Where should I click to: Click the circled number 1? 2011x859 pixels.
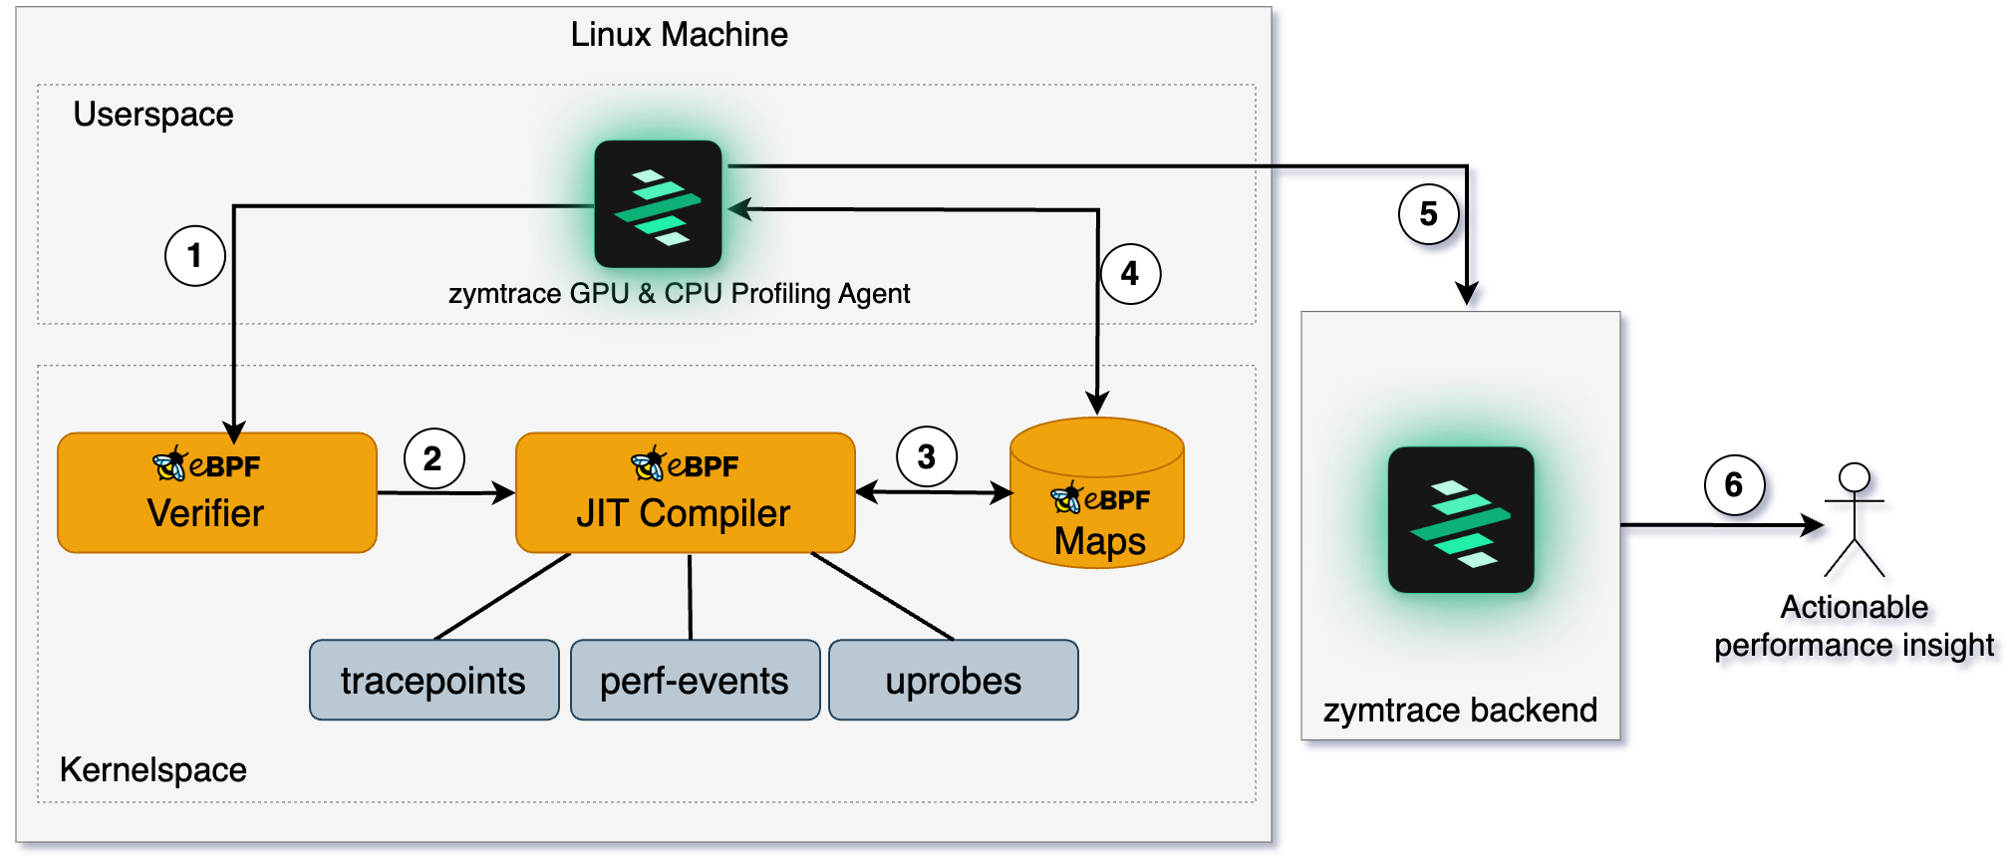(x=194, y=256)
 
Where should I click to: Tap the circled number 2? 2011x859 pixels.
(x=433, y=458)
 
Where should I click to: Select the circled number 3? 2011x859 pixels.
(x=927, y=456)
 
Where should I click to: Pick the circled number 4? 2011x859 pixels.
(x=1130, y=274)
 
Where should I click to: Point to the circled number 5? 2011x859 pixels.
(x=1429, y=214)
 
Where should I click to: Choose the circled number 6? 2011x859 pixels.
(x=1734, y=485)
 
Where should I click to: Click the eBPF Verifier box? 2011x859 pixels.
(x=216, y=493)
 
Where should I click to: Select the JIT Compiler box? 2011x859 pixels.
(x=685, y=493)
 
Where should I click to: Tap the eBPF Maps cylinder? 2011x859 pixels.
(x=1097, y=498)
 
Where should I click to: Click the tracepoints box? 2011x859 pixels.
(x=433, y=681)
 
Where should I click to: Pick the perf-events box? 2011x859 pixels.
(x=695, y=681)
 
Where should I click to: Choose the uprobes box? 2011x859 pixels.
(x=954, y=681)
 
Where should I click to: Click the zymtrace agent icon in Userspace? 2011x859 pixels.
(x=658, y=204)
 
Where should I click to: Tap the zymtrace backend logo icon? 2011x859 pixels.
(x=1461, y=519)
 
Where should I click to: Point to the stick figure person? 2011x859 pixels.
(x=1858, y=523)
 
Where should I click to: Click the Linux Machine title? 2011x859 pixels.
(x=679, y=35)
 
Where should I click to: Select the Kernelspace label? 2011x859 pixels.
(x=153, y=769)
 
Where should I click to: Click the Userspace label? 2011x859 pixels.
(x=153, y=115)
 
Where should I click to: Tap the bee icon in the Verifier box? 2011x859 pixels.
(x=169, y=463)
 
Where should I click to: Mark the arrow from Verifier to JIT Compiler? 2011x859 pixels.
(x=444, y=492)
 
